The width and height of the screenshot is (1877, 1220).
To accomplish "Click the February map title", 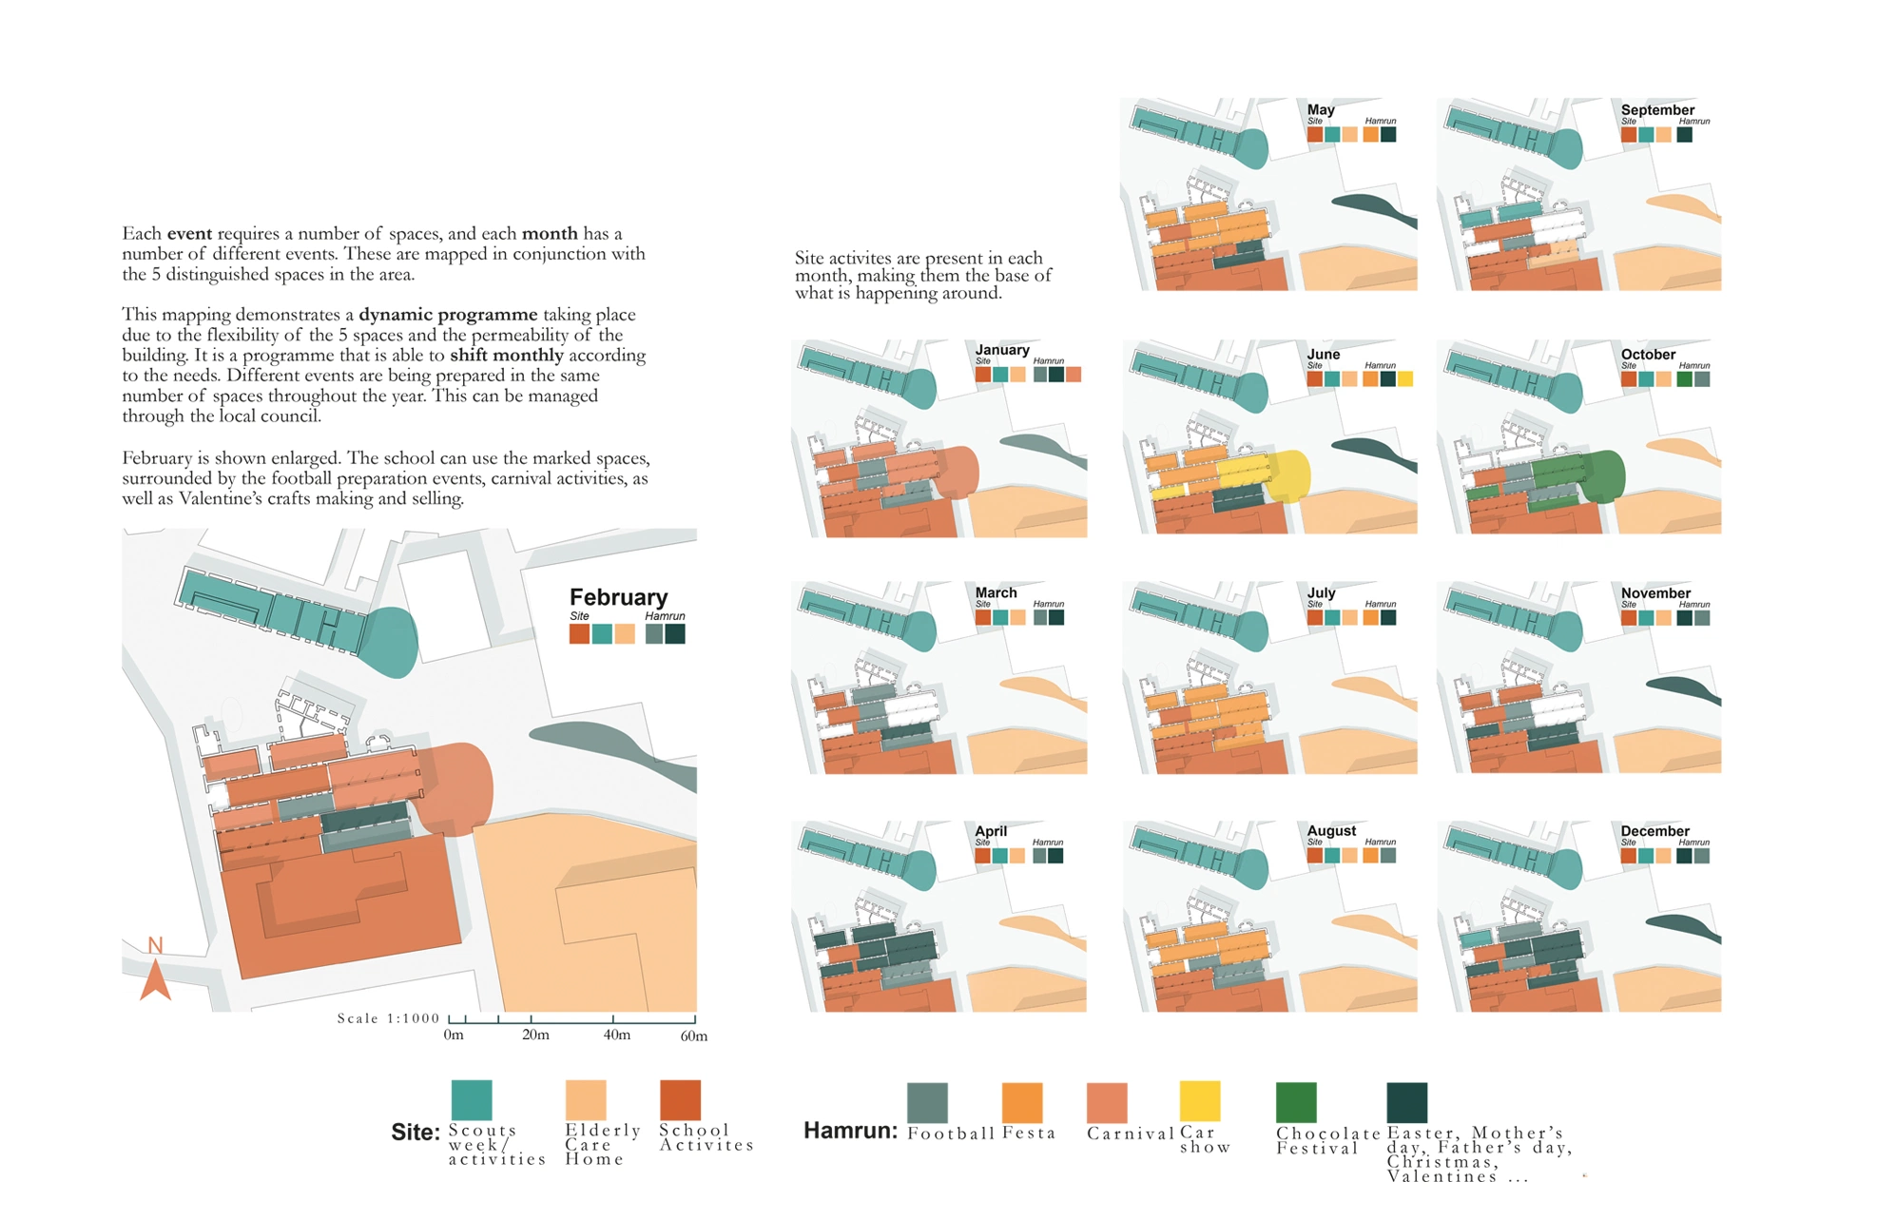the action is [x=618, y=597].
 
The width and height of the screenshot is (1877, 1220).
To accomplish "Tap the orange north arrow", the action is [x=155, y=979].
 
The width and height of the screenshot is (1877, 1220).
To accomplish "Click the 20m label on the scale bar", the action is [x=535, y=1035].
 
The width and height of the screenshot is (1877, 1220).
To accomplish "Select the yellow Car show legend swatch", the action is [x=1199, y=1101].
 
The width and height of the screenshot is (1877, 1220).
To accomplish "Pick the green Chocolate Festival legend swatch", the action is [x=1296, y=1102].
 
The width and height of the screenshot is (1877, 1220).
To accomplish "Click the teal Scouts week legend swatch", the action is [x=472, y=1100].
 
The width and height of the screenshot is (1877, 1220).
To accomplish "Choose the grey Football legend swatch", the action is [x=927, y=1102].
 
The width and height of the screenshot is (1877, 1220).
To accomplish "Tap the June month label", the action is [x=1324, y=354].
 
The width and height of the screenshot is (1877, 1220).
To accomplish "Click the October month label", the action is [x=1648, y=354].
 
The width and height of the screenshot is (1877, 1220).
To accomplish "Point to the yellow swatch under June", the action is [x=1405, y=378].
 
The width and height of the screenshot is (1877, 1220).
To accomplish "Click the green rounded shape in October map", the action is [x=1601, y=475].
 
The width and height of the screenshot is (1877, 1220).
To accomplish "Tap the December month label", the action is [x=1654, y=830].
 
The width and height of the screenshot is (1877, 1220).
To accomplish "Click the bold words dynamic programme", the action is [x=448, y=314].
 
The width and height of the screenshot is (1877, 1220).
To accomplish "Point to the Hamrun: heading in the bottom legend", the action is [x=850, y=1130].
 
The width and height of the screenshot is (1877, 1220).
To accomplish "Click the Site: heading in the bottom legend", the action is [x=416, y=1132].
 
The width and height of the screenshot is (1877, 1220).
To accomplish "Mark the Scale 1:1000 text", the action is [x=388, y=1017].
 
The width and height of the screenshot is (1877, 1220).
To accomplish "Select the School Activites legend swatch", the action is [x=680, y=1100].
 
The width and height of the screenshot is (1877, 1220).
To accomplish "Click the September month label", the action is [x=1657, y=109].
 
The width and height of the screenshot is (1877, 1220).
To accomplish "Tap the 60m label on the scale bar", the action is [x=694, y=1036].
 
